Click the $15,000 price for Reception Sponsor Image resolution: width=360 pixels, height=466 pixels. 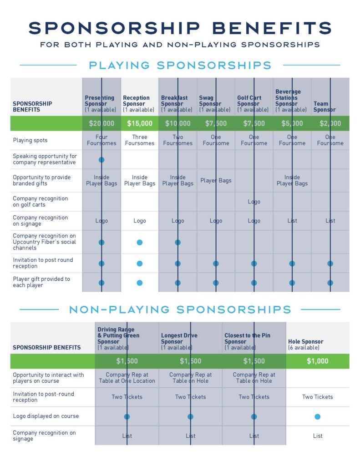140,123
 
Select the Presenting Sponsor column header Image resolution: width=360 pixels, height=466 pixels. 101,103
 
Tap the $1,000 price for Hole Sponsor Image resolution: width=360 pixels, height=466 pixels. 318,361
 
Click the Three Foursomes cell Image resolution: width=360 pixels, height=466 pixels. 140,140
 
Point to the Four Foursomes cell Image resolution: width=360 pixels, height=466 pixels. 101,140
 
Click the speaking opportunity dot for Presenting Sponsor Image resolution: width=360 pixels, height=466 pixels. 101,160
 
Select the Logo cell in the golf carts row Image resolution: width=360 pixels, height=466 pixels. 254,202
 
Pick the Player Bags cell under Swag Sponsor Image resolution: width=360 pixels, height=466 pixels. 216,181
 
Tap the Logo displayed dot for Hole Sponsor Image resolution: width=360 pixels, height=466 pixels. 318,416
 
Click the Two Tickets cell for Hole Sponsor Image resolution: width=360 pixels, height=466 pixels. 318,397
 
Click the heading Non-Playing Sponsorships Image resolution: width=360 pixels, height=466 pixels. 180,310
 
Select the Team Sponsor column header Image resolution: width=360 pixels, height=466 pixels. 325,106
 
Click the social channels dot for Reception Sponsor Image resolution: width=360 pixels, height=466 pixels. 140,243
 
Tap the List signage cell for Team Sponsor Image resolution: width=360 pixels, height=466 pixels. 330,221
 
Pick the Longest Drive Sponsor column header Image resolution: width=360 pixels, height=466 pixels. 179,341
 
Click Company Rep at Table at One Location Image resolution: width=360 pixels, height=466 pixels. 127,378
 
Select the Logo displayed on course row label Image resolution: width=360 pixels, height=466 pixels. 46,416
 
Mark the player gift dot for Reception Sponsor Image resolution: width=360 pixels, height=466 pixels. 140,283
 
